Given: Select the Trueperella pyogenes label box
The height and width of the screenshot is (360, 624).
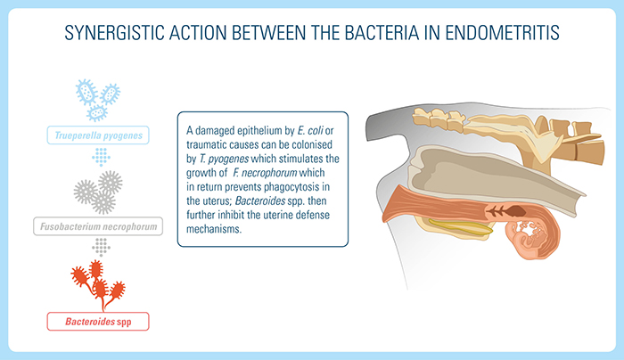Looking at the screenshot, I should pyautogui.click(x=98, y=135).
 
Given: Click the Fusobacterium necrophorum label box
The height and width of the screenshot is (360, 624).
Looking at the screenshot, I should pyautogui.click(x=98, y=227).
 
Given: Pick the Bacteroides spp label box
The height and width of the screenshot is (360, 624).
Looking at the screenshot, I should pyautogui.click(x=98, y=319).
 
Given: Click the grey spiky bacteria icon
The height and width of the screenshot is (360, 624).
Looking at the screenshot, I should pyautogui.click(x=98, y=188).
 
